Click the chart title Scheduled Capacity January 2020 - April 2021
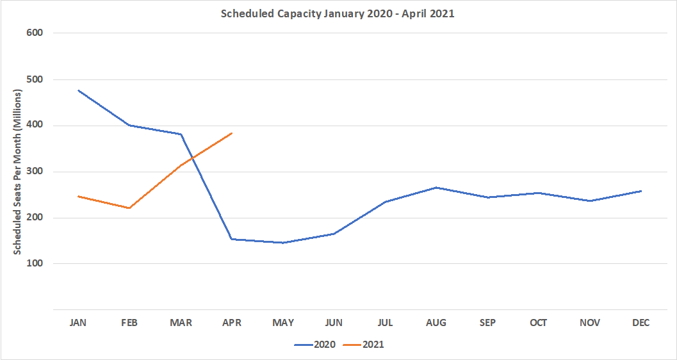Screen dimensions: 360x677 point(338,13)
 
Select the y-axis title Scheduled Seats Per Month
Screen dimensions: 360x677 point(18,172)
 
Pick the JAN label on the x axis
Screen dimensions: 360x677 point(78,323)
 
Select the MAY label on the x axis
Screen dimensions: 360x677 point(283,323)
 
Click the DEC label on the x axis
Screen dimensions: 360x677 point(640,323)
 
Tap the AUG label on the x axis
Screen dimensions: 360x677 point(436,323)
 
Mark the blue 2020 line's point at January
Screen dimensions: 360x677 point(79,90)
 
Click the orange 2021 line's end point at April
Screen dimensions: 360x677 point(232,133)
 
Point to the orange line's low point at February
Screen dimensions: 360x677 point(130,208)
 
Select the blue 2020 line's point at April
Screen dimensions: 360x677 point(232,239)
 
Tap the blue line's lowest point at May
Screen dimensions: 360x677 point(283,243)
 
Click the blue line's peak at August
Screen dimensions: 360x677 point(436,188)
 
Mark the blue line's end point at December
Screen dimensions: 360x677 point(640,191)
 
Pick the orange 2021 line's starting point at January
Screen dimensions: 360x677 point(79,196)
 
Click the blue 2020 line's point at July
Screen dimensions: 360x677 point(385,202)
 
